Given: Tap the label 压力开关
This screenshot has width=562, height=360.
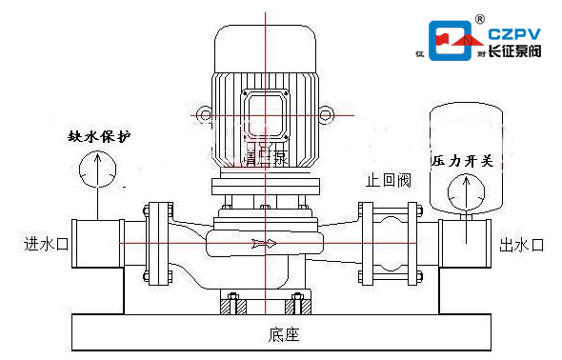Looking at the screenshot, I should tap(461, 161).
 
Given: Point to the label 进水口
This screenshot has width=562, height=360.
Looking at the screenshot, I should tap(47, 245).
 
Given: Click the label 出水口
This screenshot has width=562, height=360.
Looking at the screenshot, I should tap(520, 245).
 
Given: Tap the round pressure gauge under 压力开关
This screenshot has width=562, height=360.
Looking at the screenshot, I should tap(465, 192).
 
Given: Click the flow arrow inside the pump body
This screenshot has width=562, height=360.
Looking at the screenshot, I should tap(264, 245).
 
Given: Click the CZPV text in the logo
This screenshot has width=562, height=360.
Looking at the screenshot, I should tap(513, 34).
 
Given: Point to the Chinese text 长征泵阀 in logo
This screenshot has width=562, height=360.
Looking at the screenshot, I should tap(513, 51).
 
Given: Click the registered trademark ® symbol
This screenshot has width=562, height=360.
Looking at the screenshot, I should tap(480, 18).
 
